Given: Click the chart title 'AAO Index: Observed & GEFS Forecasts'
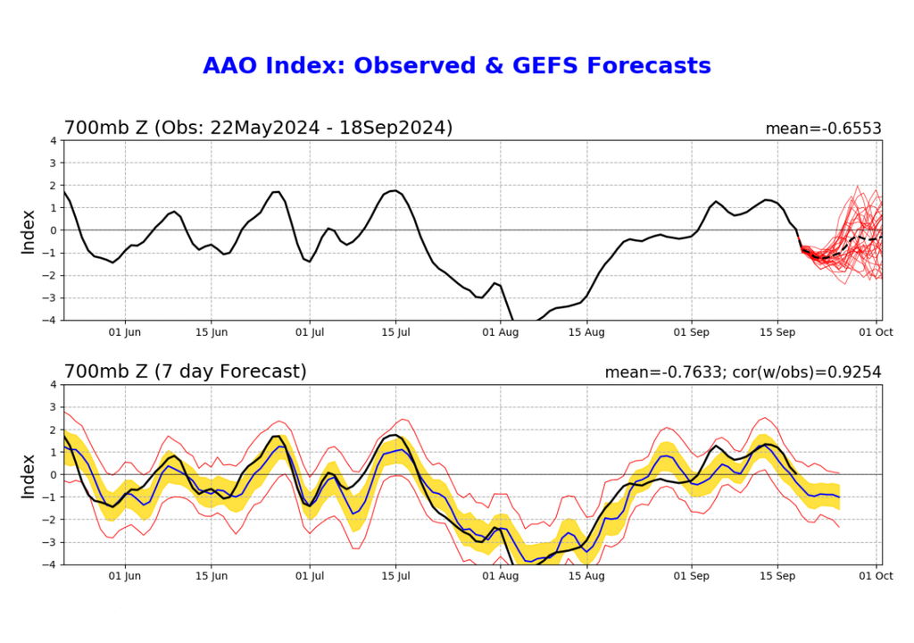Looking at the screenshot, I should (456, 66).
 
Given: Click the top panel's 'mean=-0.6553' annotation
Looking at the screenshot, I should (823, 129).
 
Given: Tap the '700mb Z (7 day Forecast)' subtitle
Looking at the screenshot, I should (185, 372).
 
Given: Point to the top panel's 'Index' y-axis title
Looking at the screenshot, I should (29, 230).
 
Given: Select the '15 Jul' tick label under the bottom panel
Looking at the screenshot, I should (396, 576).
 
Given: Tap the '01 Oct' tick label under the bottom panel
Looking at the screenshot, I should (877, 576).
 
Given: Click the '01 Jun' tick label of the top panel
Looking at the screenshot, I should (125, 332).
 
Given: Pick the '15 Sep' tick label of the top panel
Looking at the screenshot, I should (777, 332).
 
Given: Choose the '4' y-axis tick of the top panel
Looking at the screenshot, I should (54, 140).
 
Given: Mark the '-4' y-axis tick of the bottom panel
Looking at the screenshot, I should (51, 564).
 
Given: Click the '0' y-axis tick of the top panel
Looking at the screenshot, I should (54, 230).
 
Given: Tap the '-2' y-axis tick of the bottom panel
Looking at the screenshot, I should (51, 519).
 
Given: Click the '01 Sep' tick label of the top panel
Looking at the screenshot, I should (691, 332).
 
